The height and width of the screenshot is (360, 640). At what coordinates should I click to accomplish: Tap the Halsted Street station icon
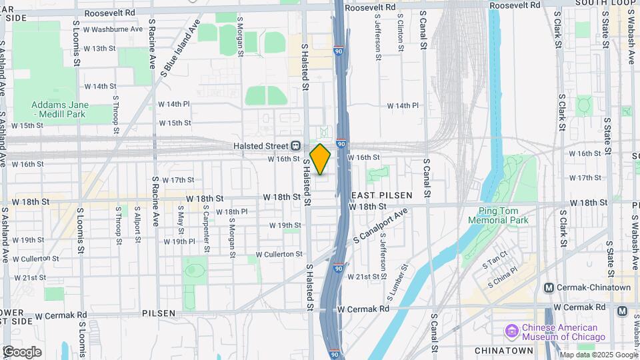coord(296,146)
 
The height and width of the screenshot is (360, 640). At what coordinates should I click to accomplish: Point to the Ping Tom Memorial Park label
coord(497,215)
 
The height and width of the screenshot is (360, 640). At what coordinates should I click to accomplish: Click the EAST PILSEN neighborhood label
coord(382,195)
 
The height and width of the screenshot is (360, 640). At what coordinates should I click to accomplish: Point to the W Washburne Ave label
coord(113,29)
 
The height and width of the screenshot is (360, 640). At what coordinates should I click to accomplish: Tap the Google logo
coord(21,352)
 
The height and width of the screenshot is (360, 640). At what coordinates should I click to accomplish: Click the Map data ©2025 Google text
coord(599,355)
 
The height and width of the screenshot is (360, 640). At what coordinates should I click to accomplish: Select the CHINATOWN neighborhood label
coord(503,350)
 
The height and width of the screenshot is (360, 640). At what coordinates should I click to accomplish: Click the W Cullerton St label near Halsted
coord(279,254)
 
